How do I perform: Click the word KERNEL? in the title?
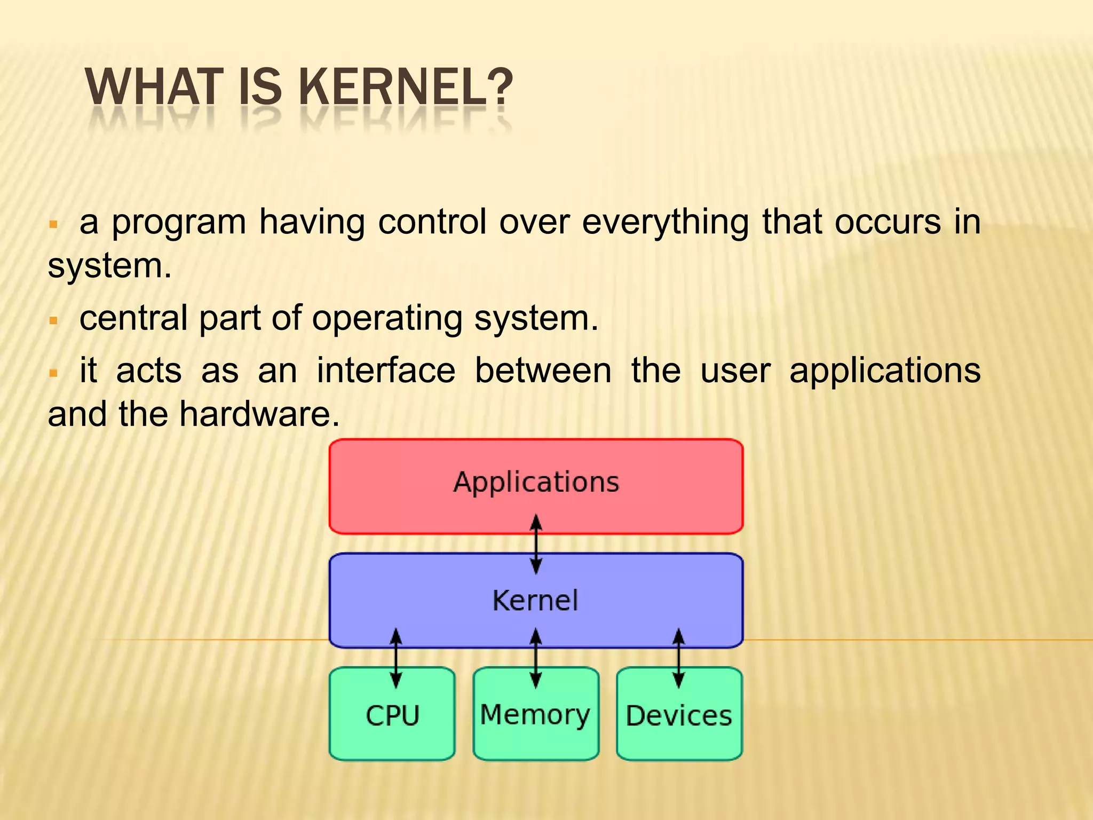(x=406, y=88)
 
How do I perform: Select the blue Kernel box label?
(x=535, y=601)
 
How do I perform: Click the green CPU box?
(x=392, y=715)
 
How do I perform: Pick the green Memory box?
(x=535, y=715)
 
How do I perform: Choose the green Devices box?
(x=679, y=715)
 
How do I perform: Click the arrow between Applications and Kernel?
(x=536, y=544)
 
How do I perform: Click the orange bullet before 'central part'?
(x=53, y=321)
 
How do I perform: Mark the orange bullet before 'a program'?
(x=53, y=224)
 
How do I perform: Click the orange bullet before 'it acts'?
(x=53, y=373)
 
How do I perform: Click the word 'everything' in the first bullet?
(x=665, y=222)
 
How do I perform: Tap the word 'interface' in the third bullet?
(x=386, y=370)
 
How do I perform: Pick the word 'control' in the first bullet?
(x=432, y=222)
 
